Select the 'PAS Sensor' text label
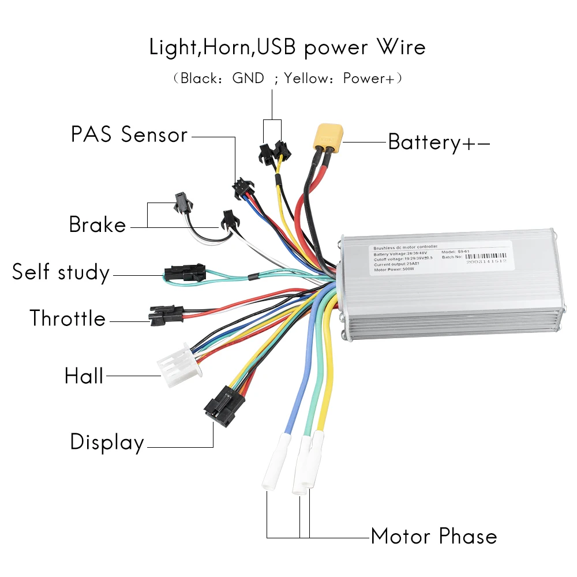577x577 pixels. click(x=129, y=135)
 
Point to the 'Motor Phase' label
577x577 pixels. click(x=433, y=536)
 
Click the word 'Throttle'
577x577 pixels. click(x=68, y=319)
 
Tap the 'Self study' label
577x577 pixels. click(x=61, y=272)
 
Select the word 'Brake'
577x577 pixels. click(x=97, y=224)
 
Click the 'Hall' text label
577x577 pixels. click(x=84, y=376)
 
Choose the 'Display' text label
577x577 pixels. click(x=107, y=443)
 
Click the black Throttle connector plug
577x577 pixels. click(x=165, y=314)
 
